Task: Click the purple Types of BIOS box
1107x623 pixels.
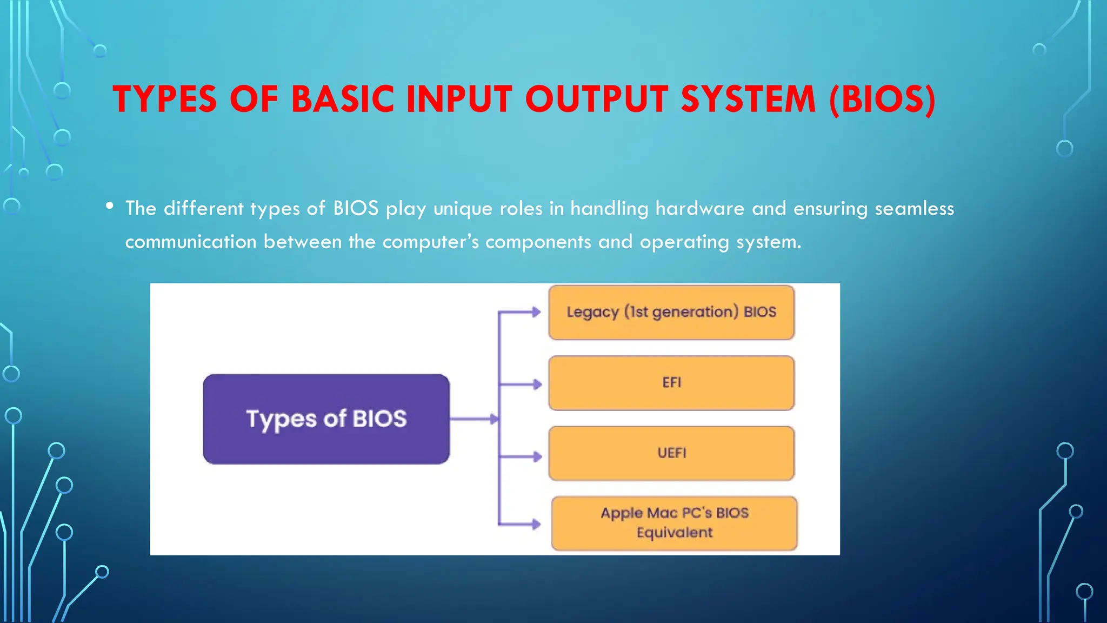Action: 326,419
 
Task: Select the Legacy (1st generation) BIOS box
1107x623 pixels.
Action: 671,313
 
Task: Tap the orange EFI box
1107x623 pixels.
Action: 671,383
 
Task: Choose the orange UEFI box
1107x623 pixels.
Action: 671,453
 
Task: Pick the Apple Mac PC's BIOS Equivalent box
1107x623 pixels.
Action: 674,523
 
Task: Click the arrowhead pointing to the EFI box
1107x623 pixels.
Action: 537,385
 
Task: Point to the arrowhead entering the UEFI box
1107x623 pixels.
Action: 537,456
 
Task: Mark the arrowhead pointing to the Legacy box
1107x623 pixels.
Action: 536,312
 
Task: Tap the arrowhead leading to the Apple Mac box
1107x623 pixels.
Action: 536,523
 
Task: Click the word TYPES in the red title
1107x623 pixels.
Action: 165,100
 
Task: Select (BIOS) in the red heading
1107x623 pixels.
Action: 882,100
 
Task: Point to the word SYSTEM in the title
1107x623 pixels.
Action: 748,100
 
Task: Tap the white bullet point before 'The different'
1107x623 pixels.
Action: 110,206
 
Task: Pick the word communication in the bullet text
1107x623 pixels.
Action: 191,242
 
